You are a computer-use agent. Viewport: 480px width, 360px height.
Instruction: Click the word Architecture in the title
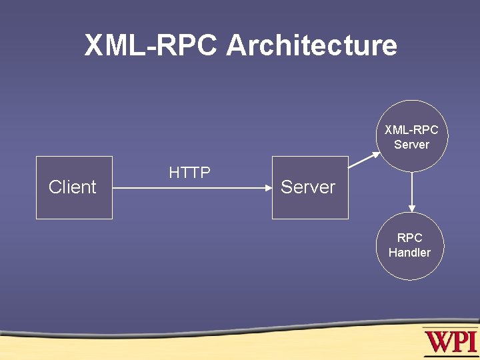pos(311,46)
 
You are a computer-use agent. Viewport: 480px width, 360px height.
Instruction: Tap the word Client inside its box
pos(73,187)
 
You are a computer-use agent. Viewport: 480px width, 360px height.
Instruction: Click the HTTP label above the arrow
pos(190,173)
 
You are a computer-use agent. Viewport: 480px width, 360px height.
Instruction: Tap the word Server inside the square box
pos(308,187)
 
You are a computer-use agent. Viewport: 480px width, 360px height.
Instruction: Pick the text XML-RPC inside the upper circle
pos(411,130)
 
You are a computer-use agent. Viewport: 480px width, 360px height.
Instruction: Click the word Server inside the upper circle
pos(411,145)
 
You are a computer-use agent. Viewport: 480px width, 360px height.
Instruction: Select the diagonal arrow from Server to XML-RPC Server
pos(364,160)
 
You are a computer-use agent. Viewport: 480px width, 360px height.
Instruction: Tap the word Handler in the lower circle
pos(409,253)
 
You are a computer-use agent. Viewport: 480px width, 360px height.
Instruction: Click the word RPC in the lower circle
pos(409,238)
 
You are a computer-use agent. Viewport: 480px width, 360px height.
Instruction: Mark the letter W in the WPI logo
pos(437,342)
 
